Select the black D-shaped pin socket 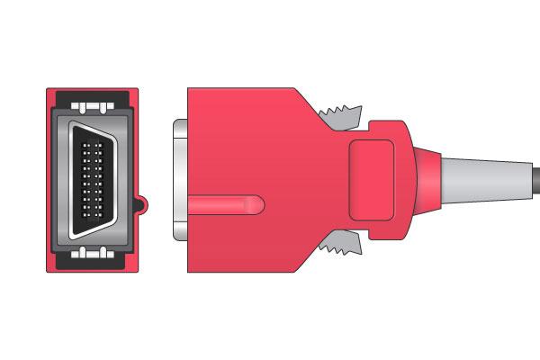click(x=94, y=180)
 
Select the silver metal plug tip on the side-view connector click(x=177, y=180)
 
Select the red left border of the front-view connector click(x=50, y=180)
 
